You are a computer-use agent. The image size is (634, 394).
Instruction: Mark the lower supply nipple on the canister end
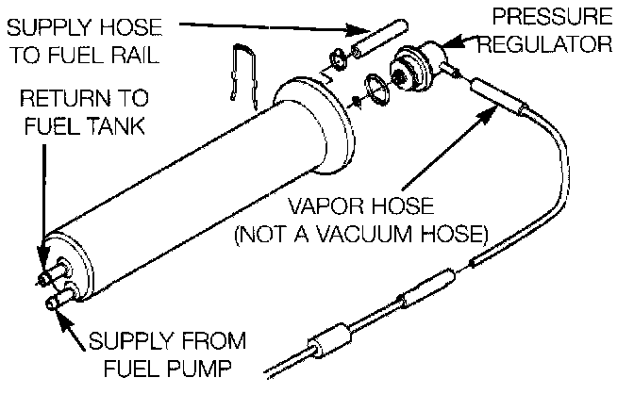[x=57, y=300]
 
